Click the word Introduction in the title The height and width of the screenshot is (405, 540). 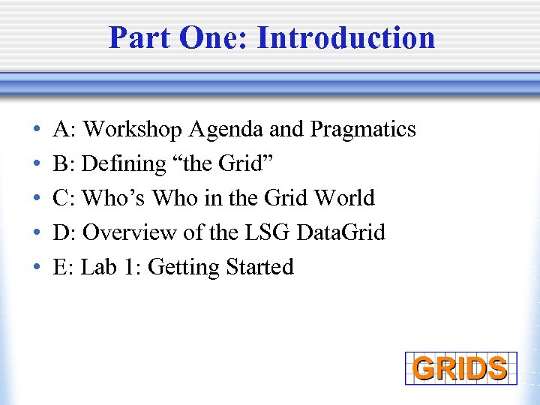point(346,37)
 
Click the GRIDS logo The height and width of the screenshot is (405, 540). point(460,368)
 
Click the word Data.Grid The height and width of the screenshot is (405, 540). point(341,232)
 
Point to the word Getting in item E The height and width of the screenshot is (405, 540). point(176,267)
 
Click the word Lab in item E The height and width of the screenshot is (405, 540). point(96,267)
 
